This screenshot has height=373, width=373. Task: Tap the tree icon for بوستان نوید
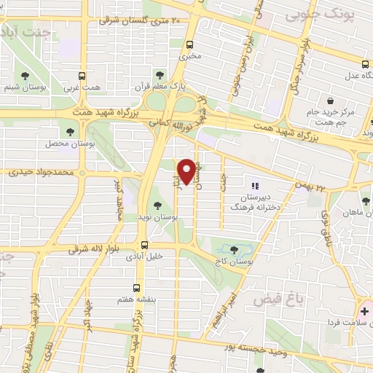coord(157,205)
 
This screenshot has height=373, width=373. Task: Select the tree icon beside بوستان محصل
coord(71,132)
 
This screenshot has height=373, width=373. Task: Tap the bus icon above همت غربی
coord(81,76)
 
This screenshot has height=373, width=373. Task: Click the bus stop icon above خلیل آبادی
coord(144,245)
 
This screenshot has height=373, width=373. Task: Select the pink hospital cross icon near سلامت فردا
coord(365,312)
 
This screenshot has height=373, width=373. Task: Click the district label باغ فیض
coord(272,299)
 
